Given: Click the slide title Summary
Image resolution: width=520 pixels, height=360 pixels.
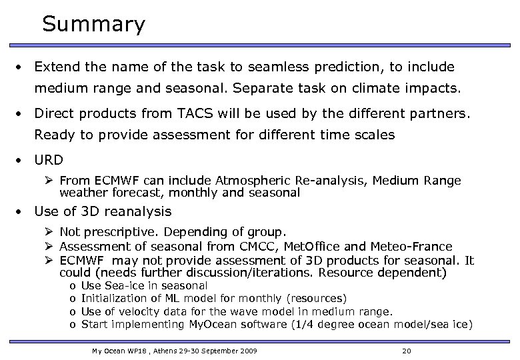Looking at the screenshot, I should coord(93,25).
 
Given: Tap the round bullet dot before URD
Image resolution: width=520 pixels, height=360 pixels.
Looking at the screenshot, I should coord(22,161).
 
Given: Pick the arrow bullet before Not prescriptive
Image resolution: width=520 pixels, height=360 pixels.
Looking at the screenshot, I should coord(50,233).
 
